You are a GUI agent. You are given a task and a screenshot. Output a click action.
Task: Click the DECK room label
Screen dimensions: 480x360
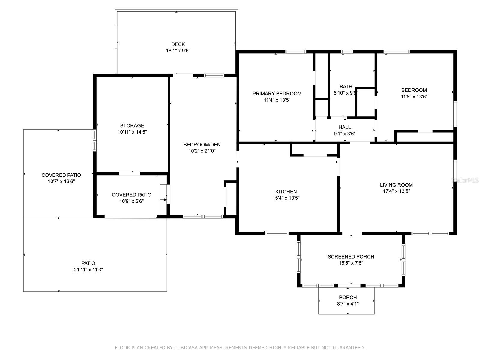click(x=178, y=44)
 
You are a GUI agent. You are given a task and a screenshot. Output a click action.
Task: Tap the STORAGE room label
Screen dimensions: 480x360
click(x=132, y=125)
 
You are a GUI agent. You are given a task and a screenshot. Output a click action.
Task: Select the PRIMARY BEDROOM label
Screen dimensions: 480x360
click(x=277, y=94)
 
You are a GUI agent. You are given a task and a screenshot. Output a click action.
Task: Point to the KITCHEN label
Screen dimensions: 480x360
click(x=286, y=192)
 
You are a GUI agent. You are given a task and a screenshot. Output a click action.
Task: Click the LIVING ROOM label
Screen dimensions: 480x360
click(x=396, y=185)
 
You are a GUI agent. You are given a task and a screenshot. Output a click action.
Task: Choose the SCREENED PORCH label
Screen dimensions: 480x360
click(x=351, y=256)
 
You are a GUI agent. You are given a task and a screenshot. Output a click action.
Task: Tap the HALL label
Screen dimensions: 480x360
click(x=345, y=127)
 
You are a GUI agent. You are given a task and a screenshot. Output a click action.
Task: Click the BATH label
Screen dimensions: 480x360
click(x=346, y=87)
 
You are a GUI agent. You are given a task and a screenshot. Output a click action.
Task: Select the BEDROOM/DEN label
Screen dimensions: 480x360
click(x=202, y=145)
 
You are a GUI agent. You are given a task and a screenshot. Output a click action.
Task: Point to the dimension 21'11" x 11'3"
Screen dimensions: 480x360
click(x=88, y=270)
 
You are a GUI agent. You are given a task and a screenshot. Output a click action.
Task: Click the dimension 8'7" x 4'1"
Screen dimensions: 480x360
click(x=348, y=304)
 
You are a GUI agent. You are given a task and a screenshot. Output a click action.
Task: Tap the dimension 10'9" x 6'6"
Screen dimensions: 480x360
click(x=131, y=201)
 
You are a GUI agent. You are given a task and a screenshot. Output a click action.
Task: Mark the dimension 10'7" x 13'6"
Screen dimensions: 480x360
click(x=61, y=181)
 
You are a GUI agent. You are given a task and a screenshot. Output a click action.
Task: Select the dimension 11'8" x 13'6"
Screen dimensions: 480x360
click(x=414, y=97)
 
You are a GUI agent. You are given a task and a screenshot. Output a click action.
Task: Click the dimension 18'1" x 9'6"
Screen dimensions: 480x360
click(x=178, y=51)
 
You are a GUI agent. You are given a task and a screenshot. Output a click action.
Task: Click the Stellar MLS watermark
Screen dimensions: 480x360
click(x=465, y=180)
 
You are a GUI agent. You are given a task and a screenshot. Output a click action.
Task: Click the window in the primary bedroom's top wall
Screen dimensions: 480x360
click(x=296, y=52)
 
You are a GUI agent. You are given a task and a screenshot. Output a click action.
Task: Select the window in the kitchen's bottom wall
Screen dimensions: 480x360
click(x=277, y=233)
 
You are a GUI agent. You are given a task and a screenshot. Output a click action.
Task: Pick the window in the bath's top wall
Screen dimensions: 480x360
click(x=347, y=52)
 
